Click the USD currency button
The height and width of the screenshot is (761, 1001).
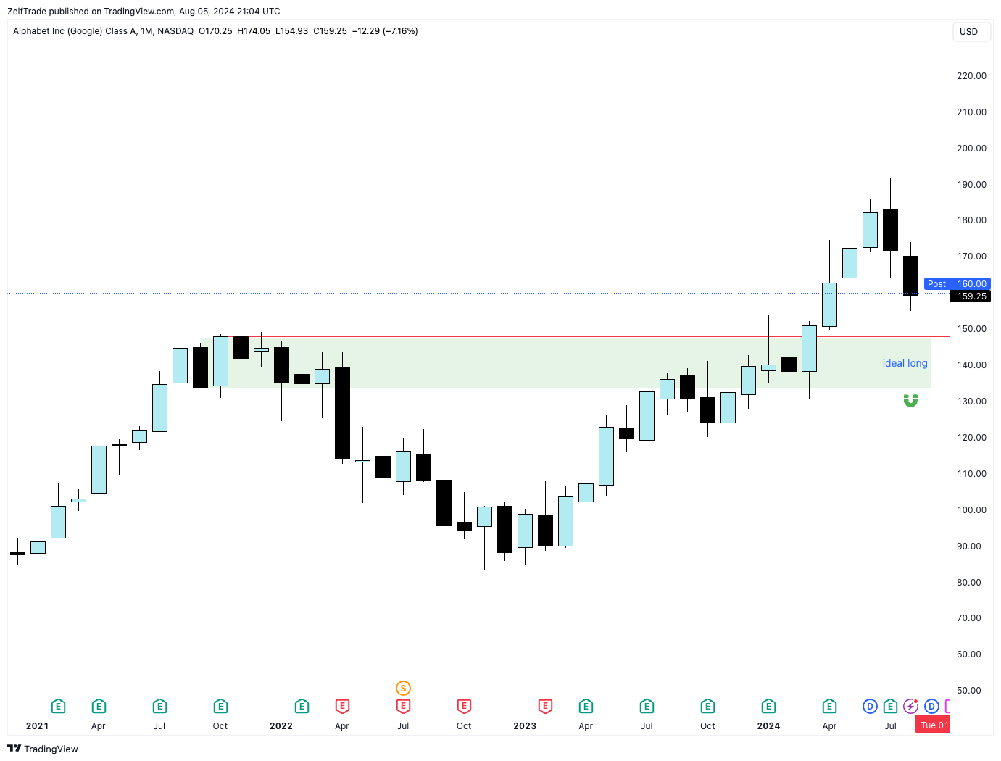tap(969, 32)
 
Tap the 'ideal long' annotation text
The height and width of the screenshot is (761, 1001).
tap(905, 363)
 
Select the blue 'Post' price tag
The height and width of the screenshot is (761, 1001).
tap(936, 284)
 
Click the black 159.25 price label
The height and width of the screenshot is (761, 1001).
tap(971, 296)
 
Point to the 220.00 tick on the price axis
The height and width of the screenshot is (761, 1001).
tap(971, 76)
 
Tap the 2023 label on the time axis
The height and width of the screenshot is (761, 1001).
tap(525, 726)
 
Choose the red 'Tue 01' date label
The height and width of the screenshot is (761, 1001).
tap(934, 725)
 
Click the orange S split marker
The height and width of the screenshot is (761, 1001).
tap(403, 689)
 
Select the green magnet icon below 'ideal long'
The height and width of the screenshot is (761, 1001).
tap(910, 401)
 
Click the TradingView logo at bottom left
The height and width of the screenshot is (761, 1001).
tap(43, 749)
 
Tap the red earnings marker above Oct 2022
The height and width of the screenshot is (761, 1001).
tap(464, 707)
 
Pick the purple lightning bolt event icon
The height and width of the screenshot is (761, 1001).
tap(910, 707)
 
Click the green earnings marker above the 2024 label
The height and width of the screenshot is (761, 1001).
tap(768, 707)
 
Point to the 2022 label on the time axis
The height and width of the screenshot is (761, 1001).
tap(281, 726)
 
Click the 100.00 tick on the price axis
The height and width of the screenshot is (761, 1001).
tap(971, 510)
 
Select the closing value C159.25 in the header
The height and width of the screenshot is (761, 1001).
tap(330, 31)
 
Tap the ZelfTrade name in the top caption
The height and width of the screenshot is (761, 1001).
tap(27, 12)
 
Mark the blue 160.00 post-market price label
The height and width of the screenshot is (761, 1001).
tap(971, 284)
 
